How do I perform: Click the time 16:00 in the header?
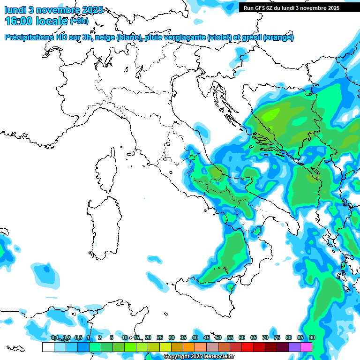(21, 21)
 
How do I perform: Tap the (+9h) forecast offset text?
(79, 21)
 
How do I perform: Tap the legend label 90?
(312, 337)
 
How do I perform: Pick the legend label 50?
(218, 337)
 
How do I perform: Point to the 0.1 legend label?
(54, 337)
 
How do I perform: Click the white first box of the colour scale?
(48, 347)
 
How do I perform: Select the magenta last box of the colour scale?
(306, 347)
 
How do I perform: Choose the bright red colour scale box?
(247, 347)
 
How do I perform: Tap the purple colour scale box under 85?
(294, 347)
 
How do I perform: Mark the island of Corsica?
(107, 171)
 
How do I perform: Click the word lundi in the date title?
(15, 10)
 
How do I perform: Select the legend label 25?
(160, 337)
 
